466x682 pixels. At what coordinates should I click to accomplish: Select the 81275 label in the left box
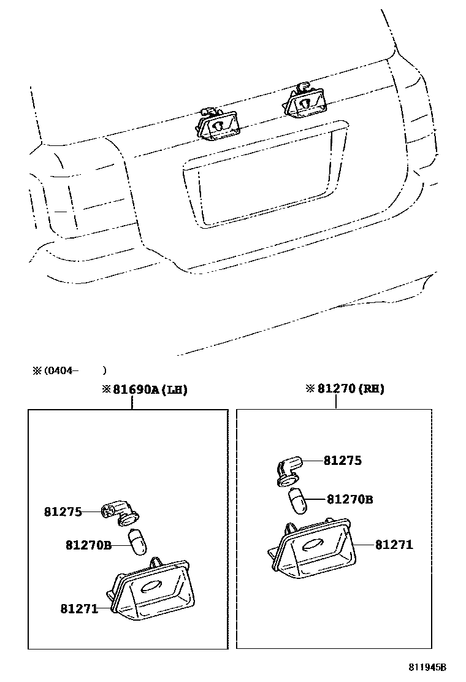tap(63, 511)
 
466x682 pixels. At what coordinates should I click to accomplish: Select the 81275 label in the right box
tap(343, 461)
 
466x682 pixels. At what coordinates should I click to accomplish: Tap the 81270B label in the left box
tap(88, 544)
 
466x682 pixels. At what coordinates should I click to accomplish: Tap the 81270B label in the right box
tap(349, 499)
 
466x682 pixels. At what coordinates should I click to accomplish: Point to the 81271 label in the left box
tap(79, 608)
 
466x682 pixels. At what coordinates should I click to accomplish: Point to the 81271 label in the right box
tap(394, 544)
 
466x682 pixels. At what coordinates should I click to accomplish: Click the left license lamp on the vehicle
tap(218, 125)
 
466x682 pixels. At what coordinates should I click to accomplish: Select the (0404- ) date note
tap(69, 370)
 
